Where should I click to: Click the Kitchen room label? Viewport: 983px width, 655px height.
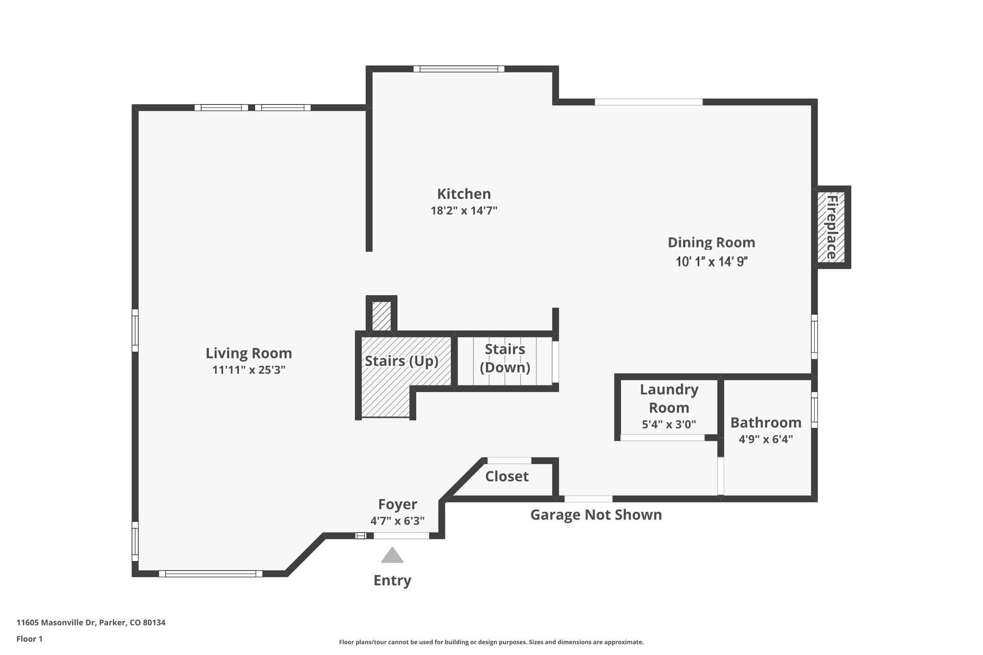tap(464, 194)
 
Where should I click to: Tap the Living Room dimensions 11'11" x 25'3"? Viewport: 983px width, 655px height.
tap(249, 370)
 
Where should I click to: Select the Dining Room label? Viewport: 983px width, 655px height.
tap(711, 242)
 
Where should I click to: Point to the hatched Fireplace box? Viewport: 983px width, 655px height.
tap(832, 227)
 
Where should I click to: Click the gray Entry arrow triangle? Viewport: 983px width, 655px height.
tap(392, 556)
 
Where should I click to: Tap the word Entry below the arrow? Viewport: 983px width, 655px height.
tap(392, 581)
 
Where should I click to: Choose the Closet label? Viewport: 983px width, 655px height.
tap(506, 476)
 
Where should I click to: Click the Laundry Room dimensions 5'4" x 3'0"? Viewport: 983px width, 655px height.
tap(669, 425)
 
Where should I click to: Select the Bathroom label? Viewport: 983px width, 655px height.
tap(766, 423)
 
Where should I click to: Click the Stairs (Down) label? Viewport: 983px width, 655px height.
tap(505, 358)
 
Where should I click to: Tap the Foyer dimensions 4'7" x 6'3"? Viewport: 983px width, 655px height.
tap(397, 521)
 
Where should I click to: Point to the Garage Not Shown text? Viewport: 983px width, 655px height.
tap(596, 515)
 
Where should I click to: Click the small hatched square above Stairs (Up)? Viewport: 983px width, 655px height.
tap(382, 316)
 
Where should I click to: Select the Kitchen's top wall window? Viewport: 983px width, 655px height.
tap(459, 69)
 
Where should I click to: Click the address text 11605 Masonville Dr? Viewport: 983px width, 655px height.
tap(91, 623)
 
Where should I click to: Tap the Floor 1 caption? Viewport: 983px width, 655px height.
tap(29, 639)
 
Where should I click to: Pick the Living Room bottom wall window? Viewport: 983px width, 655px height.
tap(211, 573)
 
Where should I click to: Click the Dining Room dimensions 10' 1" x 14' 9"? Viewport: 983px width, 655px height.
tap(711, 262)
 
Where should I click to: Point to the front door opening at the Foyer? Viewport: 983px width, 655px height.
tap(401, 536)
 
